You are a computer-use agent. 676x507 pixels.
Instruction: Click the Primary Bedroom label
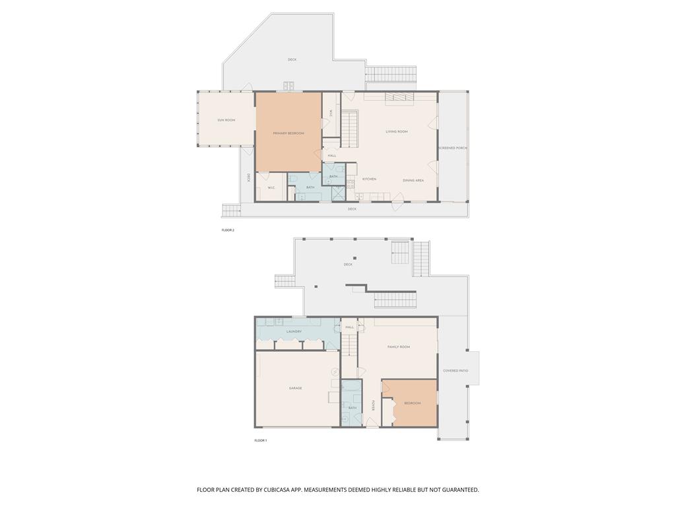tap(288, 133)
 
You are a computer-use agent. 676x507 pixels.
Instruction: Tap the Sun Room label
tap(226, 120)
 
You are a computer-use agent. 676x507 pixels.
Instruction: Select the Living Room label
tap(397, 131)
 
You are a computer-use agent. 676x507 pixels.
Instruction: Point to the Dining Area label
tap(413, 180)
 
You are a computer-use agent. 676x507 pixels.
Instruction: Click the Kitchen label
tap(369, 180)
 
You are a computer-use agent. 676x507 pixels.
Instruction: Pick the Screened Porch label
tap(453, 148)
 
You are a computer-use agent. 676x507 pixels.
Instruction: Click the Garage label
tap(295, 388)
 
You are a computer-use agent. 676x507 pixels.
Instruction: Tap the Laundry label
tap(294, 331)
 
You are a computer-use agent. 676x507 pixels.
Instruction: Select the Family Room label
tap(399, 347)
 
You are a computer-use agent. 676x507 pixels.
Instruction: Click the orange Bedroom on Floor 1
tap(412, 403)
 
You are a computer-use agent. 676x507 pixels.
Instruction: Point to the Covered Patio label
tap(456, 370)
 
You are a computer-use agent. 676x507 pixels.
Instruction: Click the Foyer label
tap(373, 405)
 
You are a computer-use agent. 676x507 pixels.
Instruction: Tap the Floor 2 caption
tap(228, 230)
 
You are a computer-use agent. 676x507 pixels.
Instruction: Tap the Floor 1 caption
tap(261, 440)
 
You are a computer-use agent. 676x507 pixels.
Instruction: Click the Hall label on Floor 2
tap(332, 156)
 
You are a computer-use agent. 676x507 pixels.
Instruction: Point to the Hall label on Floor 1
tap(350, 327)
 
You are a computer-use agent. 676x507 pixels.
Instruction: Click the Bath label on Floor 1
tap(353, 408)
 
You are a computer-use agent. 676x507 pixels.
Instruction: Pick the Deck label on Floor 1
tap(348, 265)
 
